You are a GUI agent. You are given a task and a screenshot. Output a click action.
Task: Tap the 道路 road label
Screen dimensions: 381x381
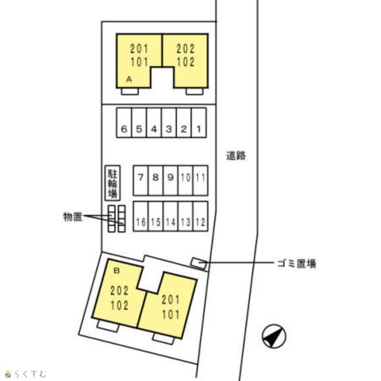pyautogui.click(x=236, y=156)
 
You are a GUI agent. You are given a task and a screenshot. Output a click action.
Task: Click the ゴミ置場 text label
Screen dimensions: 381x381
pyautogui.click(x=295, y=263)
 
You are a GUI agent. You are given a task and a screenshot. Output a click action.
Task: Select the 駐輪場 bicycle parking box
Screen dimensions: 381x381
pyautogui.click(x=112, y=183)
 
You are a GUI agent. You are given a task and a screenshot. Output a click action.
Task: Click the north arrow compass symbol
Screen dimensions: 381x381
pyautogui.click(x=273, y=338)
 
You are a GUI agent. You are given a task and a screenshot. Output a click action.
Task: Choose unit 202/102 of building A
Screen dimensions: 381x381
pyautogui.click(x=186, y=57)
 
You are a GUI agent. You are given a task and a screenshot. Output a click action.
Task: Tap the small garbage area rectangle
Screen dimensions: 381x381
pyautogui.click(x=198, y=263)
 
